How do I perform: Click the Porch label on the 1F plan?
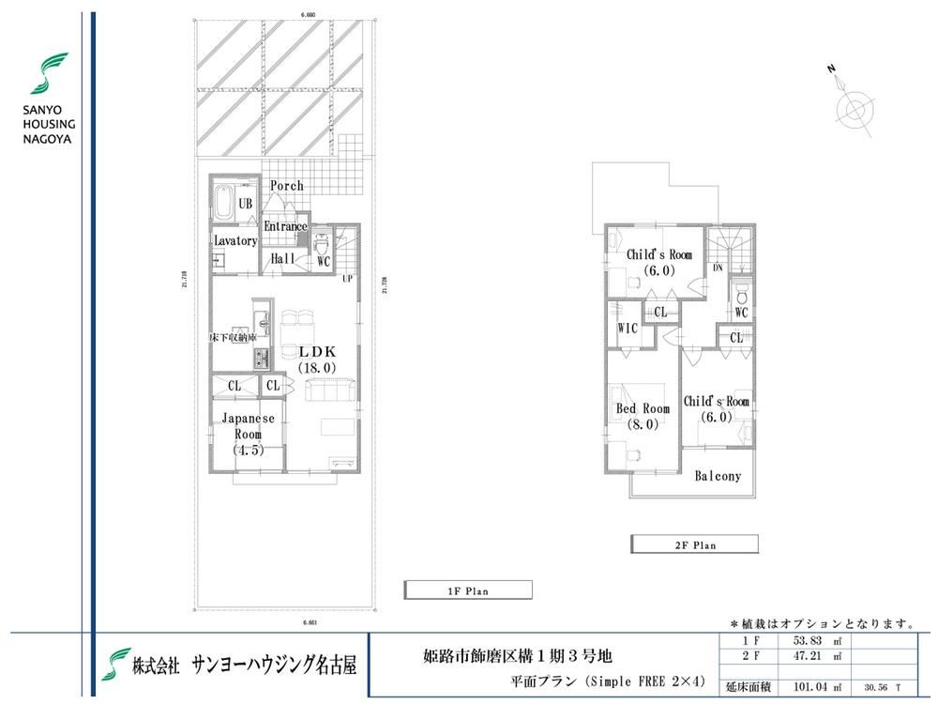click(x=287, y=186)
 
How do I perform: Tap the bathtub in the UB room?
click(x=225, y=202)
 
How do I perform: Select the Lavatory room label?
click(x=234, y=241)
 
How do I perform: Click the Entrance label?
click(x=285, y=226)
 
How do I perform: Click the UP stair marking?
click(x=347, y=279)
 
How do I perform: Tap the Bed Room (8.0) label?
click(x=643, y=416)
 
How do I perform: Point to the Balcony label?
click(x=718, y=476)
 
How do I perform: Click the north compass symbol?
click(x=854, y=108)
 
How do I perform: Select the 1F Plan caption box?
click(x=467, y=590)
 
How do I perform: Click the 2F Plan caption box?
click(x=693, y=543)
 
